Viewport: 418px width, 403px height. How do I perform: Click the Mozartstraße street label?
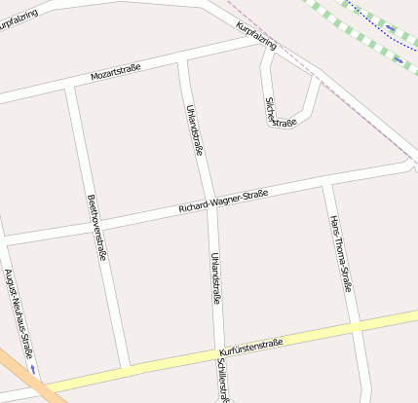(116, 71)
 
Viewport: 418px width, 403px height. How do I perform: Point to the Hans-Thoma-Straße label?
(340, 253)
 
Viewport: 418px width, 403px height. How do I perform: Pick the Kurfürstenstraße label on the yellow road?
(251, 346)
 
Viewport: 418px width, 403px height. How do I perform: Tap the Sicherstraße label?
(279, 112)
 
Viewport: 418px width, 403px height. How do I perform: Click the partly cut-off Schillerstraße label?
(224, 379)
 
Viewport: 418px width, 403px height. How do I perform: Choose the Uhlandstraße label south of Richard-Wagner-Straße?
(215, 278)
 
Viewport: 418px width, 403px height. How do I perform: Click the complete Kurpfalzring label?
(256, 38)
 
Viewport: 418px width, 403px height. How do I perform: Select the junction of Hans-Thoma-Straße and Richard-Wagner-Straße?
(328, 182)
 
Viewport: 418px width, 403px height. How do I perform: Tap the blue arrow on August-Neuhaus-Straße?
(34, 369)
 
